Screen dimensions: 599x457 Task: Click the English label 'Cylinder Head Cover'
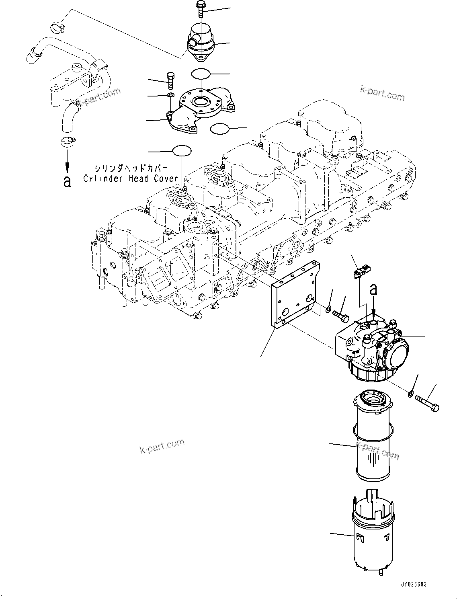click(x=131, y=178)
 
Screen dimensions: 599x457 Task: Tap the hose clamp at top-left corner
click(x=57, y=28)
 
